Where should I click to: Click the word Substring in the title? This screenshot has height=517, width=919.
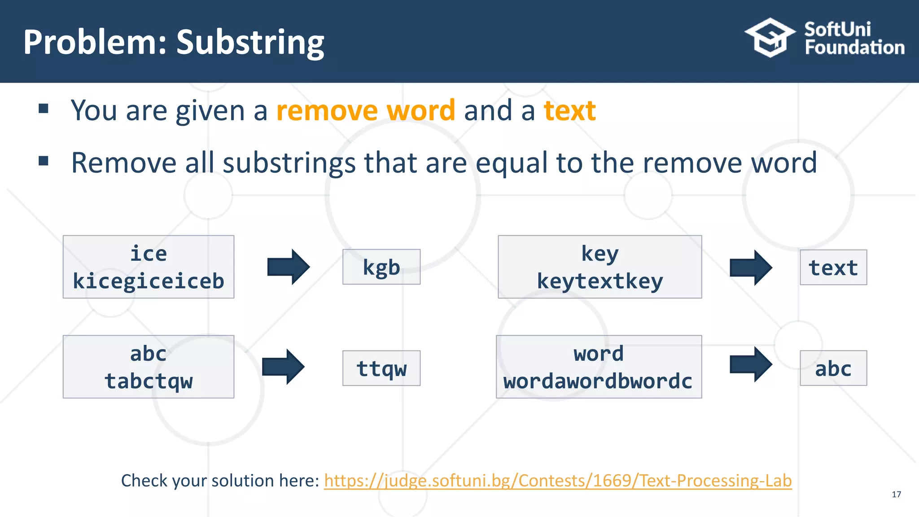coord(250,43)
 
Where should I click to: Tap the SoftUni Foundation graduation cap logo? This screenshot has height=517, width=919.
coord(770,38)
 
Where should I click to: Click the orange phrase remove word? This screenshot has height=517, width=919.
coord(366,110)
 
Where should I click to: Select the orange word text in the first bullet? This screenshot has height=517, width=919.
coord(569,110)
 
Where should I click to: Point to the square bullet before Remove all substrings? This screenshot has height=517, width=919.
coord(44,161)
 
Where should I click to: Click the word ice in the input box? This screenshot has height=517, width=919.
coord(149,254)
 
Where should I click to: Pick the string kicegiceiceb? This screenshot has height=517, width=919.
coord(149,281)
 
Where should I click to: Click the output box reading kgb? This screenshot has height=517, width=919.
coord(381,267)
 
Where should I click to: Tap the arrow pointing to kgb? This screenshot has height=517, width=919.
coord(288,267)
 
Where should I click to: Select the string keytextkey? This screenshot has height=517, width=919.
coord(600,281)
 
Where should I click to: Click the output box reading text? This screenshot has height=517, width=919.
coord(833,267)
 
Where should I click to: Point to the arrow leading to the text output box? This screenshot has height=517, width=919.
coord(751,268)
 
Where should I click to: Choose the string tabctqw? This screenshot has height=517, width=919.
coord(149,381)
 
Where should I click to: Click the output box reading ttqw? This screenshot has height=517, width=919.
coord(381,368)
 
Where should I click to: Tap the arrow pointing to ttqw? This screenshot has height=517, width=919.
coord(283,367)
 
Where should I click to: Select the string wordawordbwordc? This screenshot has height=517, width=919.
coord(598,381)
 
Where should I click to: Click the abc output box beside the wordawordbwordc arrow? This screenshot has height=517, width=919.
coord(833,368)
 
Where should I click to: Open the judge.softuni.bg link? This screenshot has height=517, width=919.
coord(558,481)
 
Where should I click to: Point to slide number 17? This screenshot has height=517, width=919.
coord(896,495)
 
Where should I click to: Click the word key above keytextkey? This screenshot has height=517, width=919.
coord(600,254)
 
